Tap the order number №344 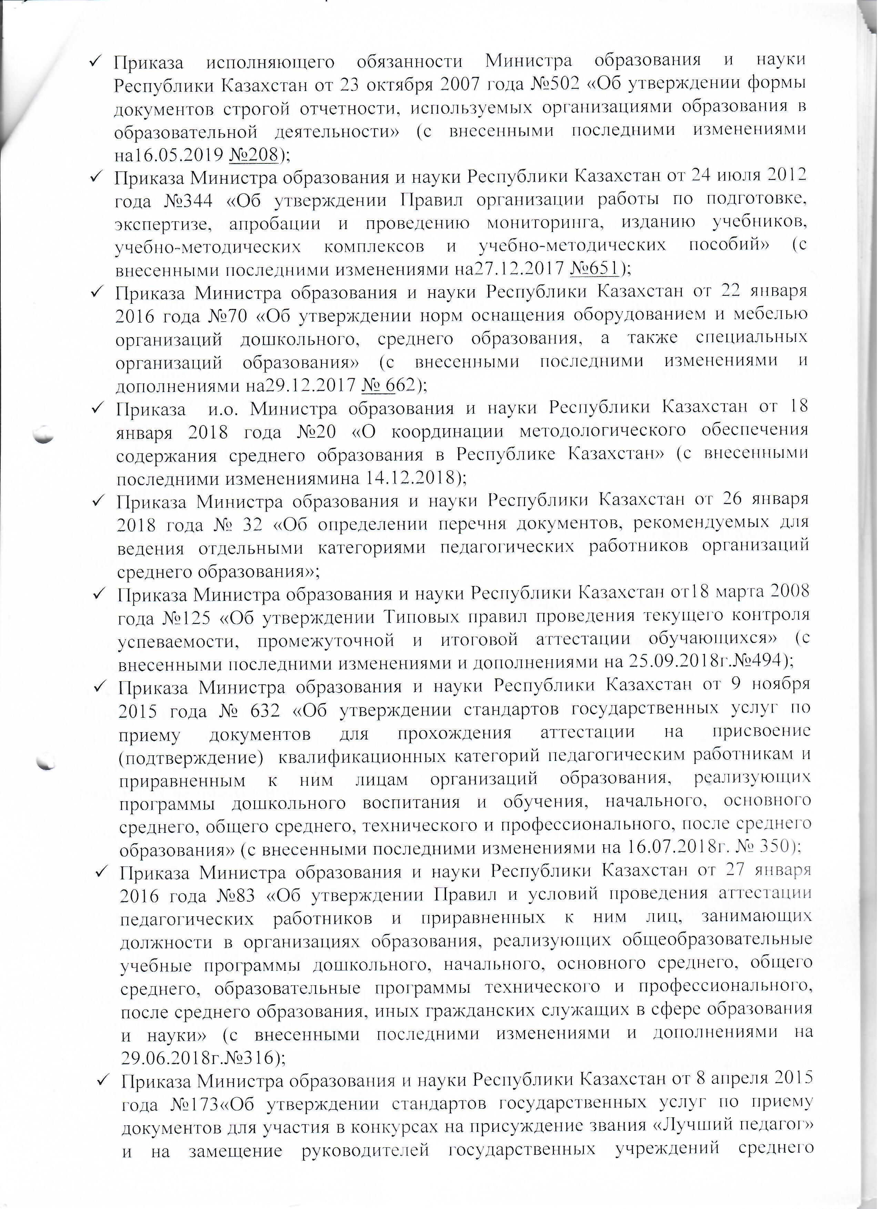coord(188,201)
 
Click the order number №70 coord(226,316)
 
